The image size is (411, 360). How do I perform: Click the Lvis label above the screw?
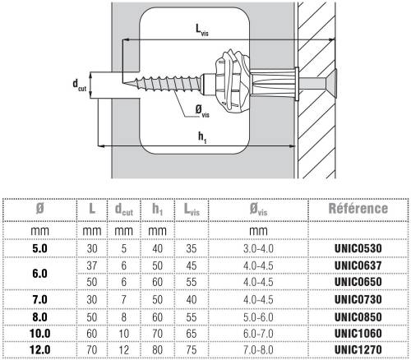tap(202, 30)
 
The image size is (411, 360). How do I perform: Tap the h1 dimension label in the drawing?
tap(202, 137)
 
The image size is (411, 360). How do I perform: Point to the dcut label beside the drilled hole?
tap(80, 85)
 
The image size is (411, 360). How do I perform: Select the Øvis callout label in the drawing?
tap(202, 111)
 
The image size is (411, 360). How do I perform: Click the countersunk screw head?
tap(330, 83)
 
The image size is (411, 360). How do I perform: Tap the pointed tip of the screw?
tap(123, 82)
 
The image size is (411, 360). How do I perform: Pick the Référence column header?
tap(358, 209)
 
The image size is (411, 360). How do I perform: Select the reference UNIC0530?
tap(358, 248)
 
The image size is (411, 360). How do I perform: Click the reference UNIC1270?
tap(358, 349)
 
